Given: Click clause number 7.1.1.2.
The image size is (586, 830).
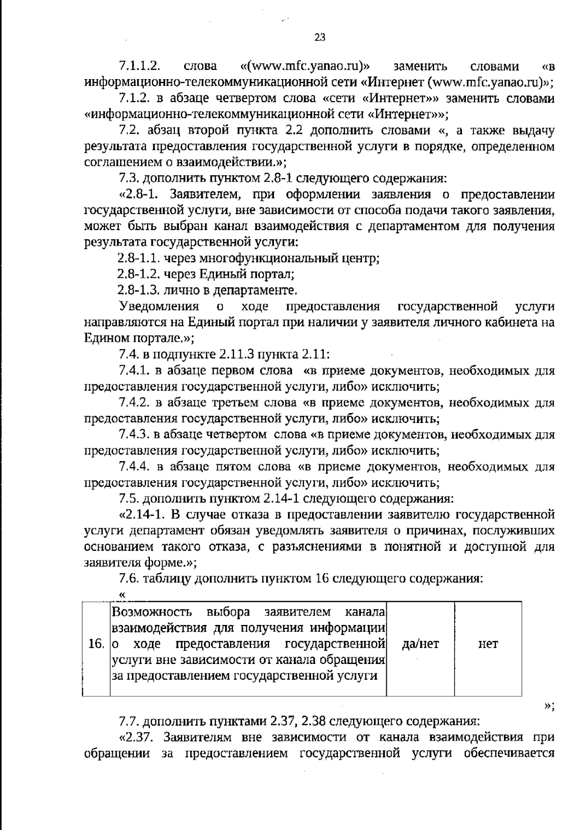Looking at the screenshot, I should click(140, 66).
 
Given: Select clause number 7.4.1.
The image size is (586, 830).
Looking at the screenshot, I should click(134, 371).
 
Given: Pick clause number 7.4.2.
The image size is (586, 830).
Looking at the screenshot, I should click(134, 403).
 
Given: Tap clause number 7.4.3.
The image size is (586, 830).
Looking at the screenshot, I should click(134, 435).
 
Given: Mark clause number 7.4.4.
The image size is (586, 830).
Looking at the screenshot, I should click(134, 467).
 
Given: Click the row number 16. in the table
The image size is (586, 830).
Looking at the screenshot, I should click(96, 644).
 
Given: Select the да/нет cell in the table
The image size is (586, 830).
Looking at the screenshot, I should click(420, 644).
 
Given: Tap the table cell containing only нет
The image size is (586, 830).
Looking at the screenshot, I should click(488, 644).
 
